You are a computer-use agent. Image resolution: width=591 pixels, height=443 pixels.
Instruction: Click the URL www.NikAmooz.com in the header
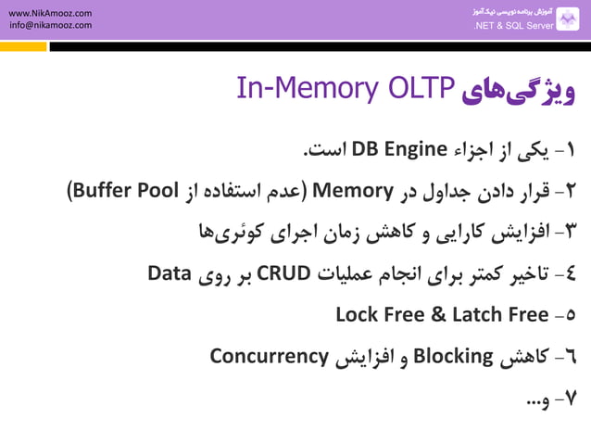point(50,13)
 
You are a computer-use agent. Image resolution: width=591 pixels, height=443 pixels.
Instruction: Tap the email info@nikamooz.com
point(50,26)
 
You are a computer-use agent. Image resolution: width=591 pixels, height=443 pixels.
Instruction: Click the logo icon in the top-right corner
point(568,19)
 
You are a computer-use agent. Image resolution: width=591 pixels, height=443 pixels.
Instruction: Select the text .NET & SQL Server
point(513,26)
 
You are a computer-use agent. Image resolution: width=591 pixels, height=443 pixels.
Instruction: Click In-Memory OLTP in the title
point(345,88)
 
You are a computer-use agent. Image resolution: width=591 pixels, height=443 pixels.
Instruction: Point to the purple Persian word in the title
point(520,90)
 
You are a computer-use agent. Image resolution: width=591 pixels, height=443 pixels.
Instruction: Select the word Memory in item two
point(353,191)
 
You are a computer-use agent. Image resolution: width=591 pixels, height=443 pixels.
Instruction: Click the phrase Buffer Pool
point(130,191)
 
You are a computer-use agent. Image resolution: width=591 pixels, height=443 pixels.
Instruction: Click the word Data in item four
point(170,273)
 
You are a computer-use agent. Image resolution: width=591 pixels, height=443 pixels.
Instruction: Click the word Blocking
point(452,356)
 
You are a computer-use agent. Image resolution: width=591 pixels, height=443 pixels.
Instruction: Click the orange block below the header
point(22,45)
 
